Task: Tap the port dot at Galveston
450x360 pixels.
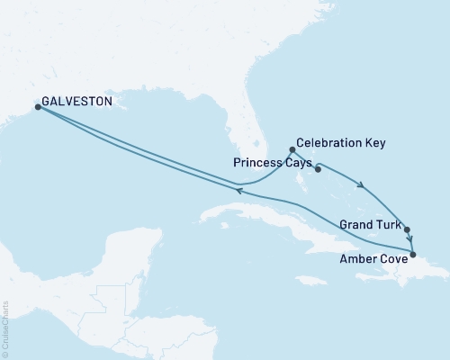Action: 38,107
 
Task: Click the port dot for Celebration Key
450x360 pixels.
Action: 292,150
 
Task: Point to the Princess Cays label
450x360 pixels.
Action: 271,165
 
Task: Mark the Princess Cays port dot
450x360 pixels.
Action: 318,168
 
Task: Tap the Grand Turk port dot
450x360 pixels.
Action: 407,229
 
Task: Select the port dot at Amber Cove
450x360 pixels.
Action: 413,255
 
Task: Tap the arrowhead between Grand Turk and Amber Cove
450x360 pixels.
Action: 410,240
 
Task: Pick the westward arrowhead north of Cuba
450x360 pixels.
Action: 239,186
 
